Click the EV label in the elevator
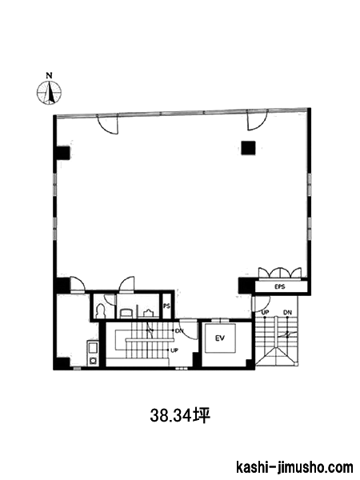pyautogui.click(x=220, y=338)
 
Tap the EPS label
pyautogui.click(x=280, y=287)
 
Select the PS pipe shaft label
pyautogui.click(x=166, y=306)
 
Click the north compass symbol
pyautogui.click(x=49, y=92)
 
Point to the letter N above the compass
pyautogui.click(x=49, y=75)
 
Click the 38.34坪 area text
pyautogui.click(x=180, y=416)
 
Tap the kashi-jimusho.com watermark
pyautogui.click(x=294, y=468)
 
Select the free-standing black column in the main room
pyautogui.click(x=248, y=148)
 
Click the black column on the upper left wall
pyautogui.click(x=62, y=153)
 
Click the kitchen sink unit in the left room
pyautogui.click(x=93, y=354)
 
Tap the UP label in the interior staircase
pyautogui.click(x=174, y=350)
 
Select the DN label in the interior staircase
pyautogui.click(x=179, y=330)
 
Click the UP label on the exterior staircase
pyautogui.click(x=265, y=313)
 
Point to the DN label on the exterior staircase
pyautogui.click(x=287, y=313)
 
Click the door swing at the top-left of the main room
pyautogui.click(x=107, y=124)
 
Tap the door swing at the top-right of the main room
pyautogui.click(x=258, y=120)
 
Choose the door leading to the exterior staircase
pyautogui.click(x=261, y=304)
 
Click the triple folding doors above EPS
pyautogui.click(x=280, y=274)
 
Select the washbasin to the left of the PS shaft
pyautogui.click(x=149, y=313)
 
